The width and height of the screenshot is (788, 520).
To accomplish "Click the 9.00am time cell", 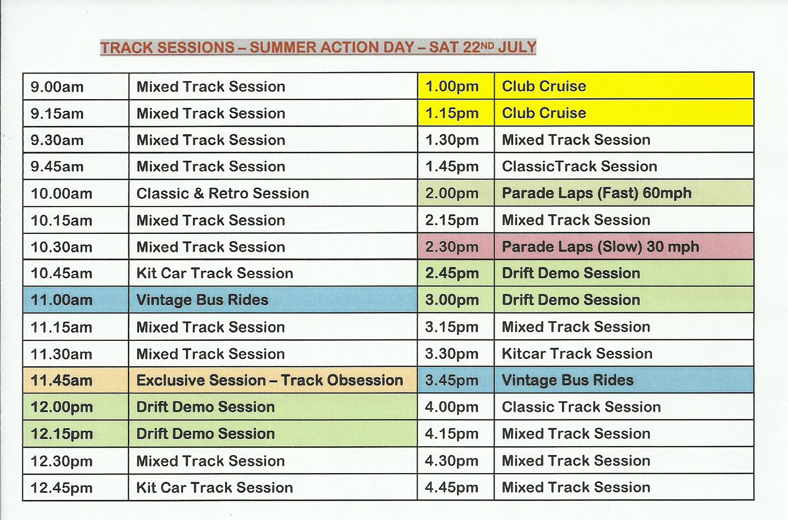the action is (76, 86).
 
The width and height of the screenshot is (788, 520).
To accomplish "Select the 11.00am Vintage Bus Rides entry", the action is (273, 300).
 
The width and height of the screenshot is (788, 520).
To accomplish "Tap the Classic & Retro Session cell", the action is (273, 193).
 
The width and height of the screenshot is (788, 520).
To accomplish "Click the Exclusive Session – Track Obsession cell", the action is (273, 380).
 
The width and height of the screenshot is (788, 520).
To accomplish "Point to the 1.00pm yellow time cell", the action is (456, 86).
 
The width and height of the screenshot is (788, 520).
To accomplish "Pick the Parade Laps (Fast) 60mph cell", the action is (624, 193).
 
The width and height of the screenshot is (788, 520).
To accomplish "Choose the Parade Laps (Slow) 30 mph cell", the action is (624, 246).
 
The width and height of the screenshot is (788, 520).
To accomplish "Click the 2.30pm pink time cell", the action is (456, 246).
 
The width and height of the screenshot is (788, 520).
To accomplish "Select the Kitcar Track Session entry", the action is (624, 353).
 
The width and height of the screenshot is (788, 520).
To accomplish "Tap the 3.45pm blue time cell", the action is (456, 380).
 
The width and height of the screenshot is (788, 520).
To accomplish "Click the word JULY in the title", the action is (517, 47).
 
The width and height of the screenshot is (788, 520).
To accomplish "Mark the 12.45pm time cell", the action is (76, 487).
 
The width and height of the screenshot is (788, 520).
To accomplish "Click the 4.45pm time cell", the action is (456, 487).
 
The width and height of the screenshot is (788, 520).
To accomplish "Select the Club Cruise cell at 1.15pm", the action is (624, 113).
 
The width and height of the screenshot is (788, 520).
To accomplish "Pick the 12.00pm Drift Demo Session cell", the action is (273, 407).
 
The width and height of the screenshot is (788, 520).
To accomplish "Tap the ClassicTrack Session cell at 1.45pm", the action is (624, 166).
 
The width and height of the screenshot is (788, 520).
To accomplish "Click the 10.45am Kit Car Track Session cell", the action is (273, 273).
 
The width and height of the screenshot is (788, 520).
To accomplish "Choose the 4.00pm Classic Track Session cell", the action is (624, 407).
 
